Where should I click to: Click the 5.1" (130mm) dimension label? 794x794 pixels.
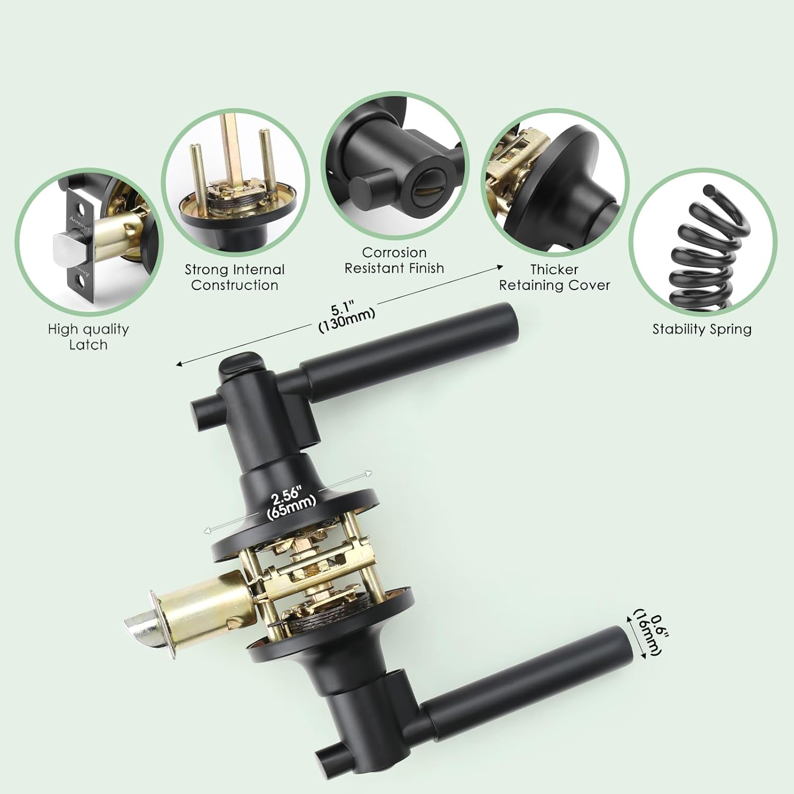click(x=347, y=317)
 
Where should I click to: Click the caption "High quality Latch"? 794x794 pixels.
click(x=88, y=337)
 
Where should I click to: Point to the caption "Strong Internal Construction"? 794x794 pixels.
click(x=234, y=277)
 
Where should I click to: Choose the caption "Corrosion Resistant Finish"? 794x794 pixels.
click(x=394, y=260)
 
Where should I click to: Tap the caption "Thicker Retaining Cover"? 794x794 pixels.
click(x=554, y=277)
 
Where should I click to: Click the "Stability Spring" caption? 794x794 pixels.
click(x=702, y=329)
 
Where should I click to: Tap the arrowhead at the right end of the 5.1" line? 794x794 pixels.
click(x=500, y=267)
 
